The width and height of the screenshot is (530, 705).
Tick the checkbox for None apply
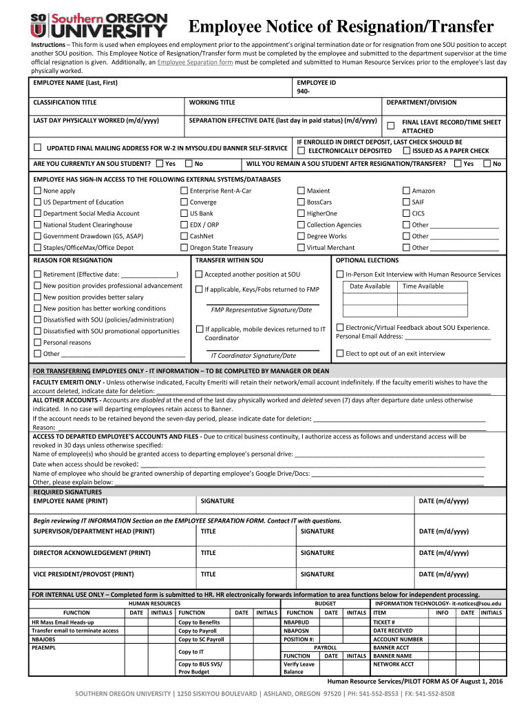(37, 191)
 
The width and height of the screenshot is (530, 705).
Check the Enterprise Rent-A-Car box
(184, 191)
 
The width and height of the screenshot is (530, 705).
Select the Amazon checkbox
(406, 191)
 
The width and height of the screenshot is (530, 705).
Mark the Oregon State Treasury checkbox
(184, 247)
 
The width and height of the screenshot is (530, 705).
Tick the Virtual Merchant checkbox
(301, 247)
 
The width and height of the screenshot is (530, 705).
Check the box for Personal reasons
(37, 342)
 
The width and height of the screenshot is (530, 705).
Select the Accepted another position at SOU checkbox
(199, 274)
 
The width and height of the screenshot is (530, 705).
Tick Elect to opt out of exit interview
(340, 353)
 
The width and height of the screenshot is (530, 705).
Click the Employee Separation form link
(195, 62)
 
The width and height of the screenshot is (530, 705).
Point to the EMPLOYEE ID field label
(317, 83)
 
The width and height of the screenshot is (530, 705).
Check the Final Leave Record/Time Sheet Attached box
(390, 125)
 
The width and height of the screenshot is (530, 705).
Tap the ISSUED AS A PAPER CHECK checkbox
(406, 151)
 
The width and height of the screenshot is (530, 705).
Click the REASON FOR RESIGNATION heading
(73, 260)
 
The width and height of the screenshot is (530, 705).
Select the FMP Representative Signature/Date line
(262, 310)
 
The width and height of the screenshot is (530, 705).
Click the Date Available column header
(370, 286)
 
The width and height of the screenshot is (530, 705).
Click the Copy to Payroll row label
(198, 631)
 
